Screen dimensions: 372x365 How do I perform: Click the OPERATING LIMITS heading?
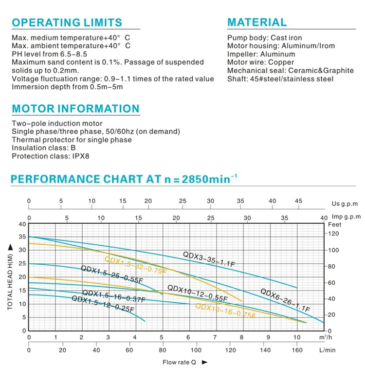67,22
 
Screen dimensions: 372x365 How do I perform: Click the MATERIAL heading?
257,22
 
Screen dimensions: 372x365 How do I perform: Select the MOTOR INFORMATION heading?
75,109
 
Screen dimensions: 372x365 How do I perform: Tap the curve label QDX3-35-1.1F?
209,259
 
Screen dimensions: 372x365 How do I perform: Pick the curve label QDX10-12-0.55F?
197,293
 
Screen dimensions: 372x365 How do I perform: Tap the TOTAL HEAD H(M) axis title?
10,277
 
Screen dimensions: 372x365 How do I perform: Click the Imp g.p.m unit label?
346,216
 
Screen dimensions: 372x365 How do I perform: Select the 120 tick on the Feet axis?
334,234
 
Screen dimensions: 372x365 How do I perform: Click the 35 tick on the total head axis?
21,237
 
